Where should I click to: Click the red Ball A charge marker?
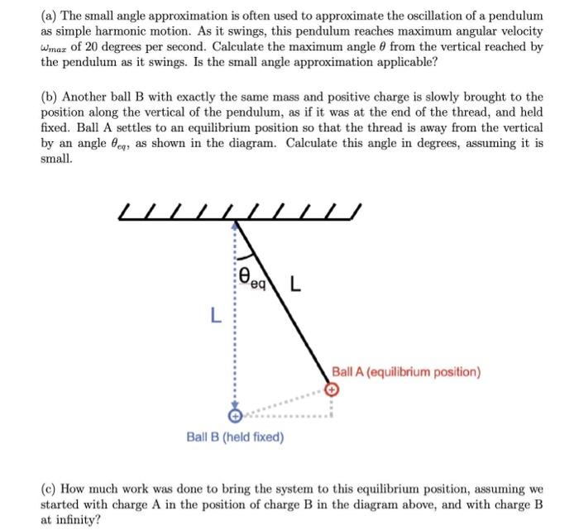(x=332, y=388)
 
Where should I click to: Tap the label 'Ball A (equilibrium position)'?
(x=405, y=371)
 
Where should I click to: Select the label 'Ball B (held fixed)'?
(x=235, y=436)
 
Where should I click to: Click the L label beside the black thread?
(x=295, y=287)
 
